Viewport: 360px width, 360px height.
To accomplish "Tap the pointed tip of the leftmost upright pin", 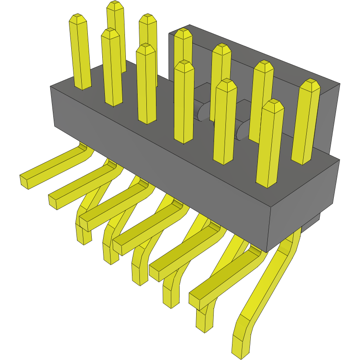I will tap(78, 18).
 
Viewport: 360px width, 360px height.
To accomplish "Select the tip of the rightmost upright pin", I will tap(311, 83).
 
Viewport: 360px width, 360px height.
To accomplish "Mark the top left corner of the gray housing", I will tap(51, 87).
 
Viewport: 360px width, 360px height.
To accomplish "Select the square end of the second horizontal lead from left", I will tap(54, 201).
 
